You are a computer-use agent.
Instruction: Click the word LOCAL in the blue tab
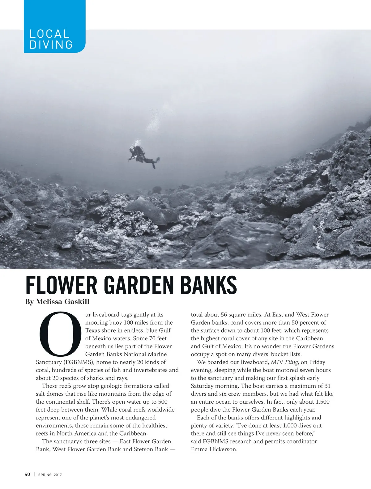(x=49, y=34)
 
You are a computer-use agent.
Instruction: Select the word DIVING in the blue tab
(x=51, y=45)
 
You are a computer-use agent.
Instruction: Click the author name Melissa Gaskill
(x=63, y=302)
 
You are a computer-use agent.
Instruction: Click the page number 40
(x=28, y=474)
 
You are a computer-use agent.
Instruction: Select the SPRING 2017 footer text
(x=50, y=475)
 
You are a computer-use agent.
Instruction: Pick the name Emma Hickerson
(x=214, y=449)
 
